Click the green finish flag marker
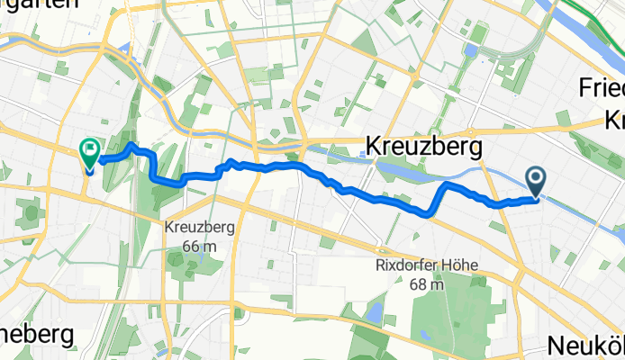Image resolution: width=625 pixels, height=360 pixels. tap(90, 154)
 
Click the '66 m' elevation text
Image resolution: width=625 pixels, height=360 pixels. tap(199, 246)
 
